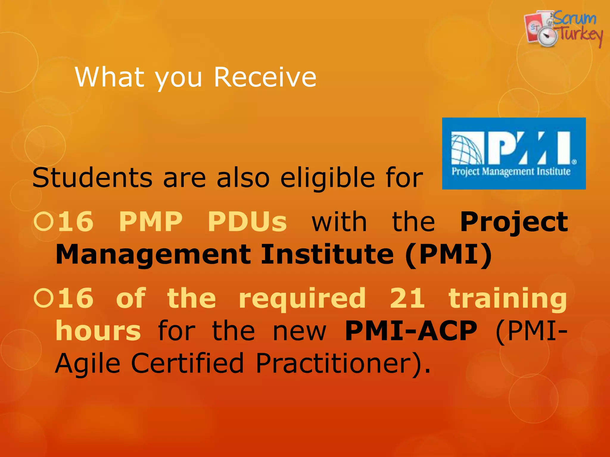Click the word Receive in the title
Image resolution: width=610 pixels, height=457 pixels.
pyautogui.click(x=265, y=77)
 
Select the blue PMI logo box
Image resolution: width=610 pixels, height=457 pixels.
pyautogui.click(x=514, y=154)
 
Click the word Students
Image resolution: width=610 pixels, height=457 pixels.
pyautogui.click(x=92, y=178)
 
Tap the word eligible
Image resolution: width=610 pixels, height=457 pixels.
pyautogui.click(x=327, y=178)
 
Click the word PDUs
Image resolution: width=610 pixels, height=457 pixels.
pyautogui.click(x=247, y=221)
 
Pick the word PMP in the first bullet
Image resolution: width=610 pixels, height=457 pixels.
pyautogui.click(x=150, y=221)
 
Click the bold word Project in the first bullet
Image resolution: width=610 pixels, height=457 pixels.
pyautogui.click(x=514, y=222)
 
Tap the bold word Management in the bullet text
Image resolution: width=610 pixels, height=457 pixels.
pyautogui.click(x=153, y=254)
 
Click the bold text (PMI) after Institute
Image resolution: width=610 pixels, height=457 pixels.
pyautogui.click(x=448, y=255)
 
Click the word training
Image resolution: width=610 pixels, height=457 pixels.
pyautogui.click(x=508, y=299)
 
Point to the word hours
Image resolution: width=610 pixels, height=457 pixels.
pyautogui.click(x=98, y=331)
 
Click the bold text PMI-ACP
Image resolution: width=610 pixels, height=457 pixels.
pyautogui.click(x=411, y=331)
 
